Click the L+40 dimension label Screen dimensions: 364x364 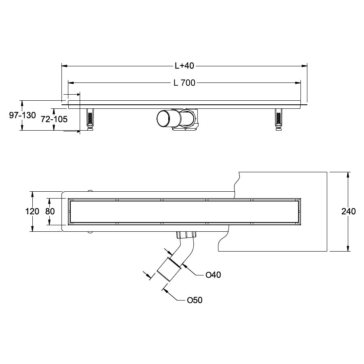[184, 66]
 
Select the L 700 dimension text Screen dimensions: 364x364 [184, 83]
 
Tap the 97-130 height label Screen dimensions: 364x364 [23, 115]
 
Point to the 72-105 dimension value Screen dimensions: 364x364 [54, 119]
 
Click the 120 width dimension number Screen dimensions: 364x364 [32, 211]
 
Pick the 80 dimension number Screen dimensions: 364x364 [50, 211]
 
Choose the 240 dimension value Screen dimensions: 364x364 [349, 211]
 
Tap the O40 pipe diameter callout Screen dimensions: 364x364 [213, 275]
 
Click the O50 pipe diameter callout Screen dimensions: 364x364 [195, 300]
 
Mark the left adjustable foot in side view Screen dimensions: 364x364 [90, 119]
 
